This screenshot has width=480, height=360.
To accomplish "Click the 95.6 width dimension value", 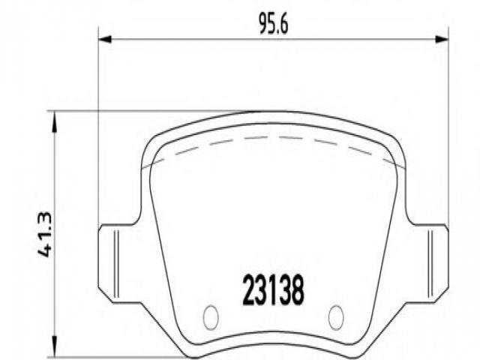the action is pos(274,24).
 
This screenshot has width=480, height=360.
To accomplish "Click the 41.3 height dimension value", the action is pos(45,234).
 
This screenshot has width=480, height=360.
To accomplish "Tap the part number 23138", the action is pos(273,290).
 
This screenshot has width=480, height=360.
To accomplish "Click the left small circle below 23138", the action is pos(211,317).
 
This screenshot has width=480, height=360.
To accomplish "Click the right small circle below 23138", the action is pos(336,317).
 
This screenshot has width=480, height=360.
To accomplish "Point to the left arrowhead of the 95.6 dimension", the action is pos(105,40).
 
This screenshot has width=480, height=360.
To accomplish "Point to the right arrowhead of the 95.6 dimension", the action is pos(442,40).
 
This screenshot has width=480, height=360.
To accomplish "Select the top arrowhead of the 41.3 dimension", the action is pos(55,121).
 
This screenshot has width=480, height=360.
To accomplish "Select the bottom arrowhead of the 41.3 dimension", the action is pos(55,346).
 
